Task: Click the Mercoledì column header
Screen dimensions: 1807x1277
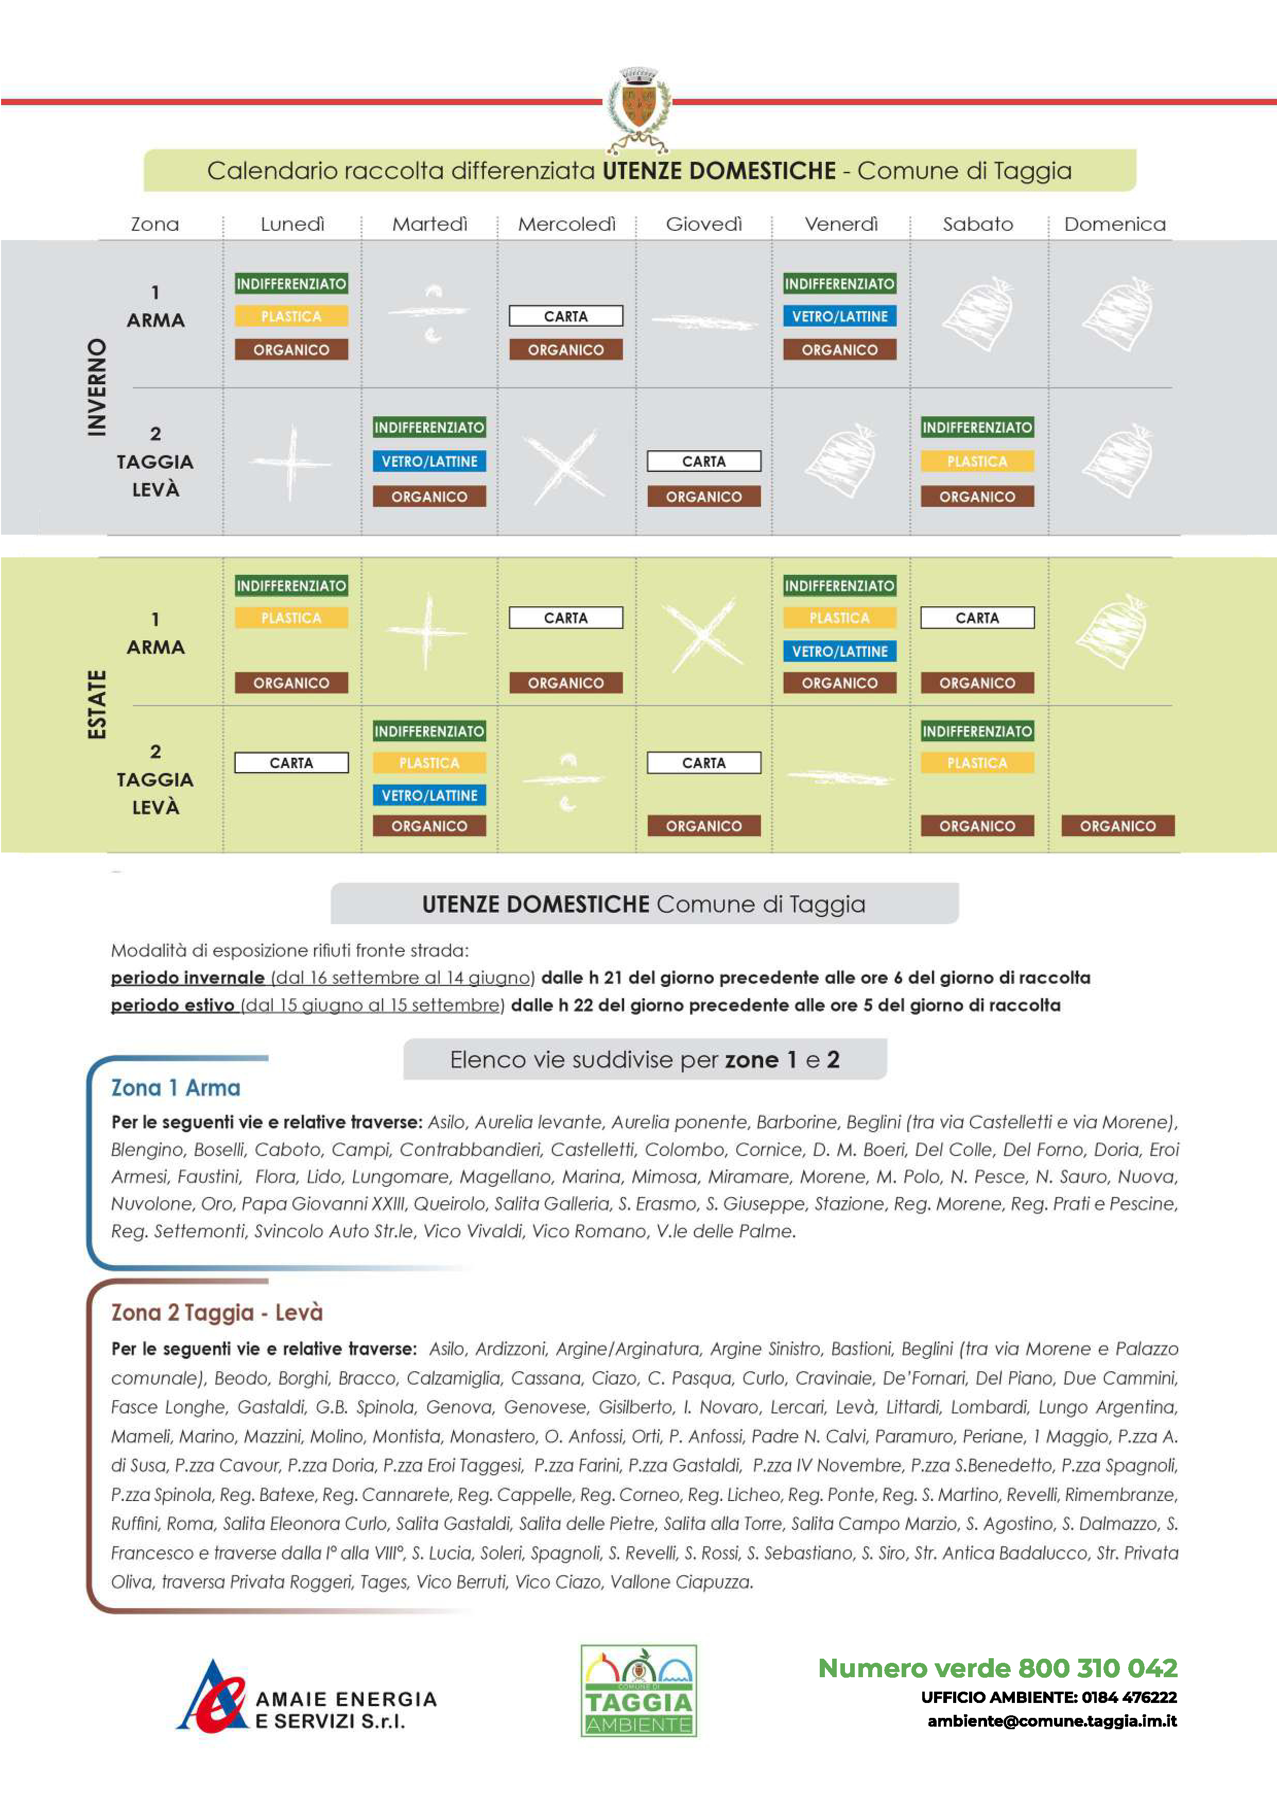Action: (x=566, y=224)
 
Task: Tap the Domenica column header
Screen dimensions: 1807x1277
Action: (x=1114, y=224)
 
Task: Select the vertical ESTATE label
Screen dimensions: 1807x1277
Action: (x=96, y=704)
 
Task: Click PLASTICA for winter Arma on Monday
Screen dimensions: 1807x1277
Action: (x=291, y=316)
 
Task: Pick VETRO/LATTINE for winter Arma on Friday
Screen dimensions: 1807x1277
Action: (x=839, y=316)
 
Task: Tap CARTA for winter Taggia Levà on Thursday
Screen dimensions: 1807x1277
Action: (x=703, y=461)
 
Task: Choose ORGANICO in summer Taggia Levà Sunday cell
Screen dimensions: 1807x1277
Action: (x=1117, y=826)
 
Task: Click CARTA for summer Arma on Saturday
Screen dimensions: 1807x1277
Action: (x=977, y=618)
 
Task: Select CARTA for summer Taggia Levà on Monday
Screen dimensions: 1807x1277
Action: (x=291, y=763)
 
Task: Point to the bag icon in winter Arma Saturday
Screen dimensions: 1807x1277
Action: (x=978, y=315)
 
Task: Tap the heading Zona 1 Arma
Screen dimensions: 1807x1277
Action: (x=176, y=1088)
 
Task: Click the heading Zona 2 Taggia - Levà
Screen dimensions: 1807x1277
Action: (x=216, y=1312)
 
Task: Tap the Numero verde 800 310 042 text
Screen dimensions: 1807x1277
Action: (x=998, y=1668)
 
